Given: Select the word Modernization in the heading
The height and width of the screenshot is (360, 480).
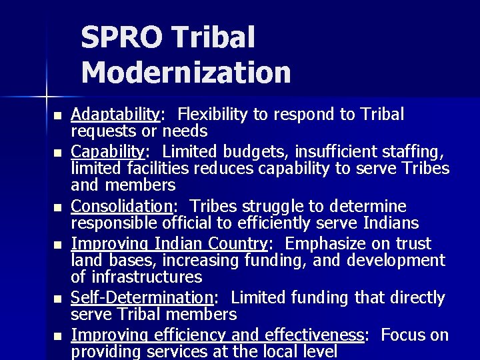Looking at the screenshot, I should (x=186, y=71).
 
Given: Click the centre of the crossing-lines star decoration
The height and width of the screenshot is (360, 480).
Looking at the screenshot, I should (x=46, y=89).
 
